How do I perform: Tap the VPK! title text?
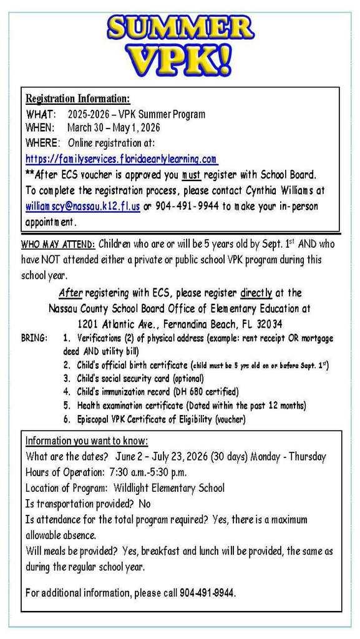180,61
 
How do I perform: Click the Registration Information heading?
78,99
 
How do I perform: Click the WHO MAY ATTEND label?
58,244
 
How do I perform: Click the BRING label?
34,338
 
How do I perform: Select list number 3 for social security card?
66,378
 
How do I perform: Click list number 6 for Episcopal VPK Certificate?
66,419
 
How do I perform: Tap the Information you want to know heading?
87,441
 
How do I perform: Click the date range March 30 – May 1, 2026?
114,128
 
